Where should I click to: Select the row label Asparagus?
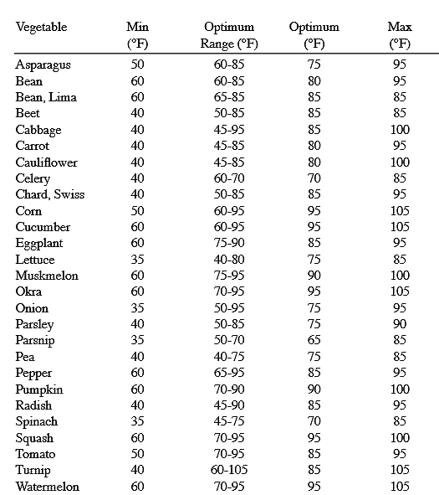tap(44, 64)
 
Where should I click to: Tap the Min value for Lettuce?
tap(137, 260)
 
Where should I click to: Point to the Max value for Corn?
tap(400, 211)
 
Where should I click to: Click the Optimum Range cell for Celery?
tap(228, 178)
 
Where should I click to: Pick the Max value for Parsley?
tap(400, 324)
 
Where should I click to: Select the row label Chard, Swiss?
tap(49, 194)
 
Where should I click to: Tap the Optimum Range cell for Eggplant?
tap(228, 243)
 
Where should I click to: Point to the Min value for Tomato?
tap(137, 454)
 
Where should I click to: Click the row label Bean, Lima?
tap(45, 97)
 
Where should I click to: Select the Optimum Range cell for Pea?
tap(228, 357)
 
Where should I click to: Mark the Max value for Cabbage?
tap(400, 130)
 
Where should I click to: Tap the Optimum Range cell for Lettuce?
tap(228, 260)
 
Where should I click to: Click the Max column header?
tap(400, 35)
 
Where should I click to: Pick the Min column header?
tap(137, 35)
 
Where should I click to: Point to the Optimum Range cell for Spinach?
tap(228, 421)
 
